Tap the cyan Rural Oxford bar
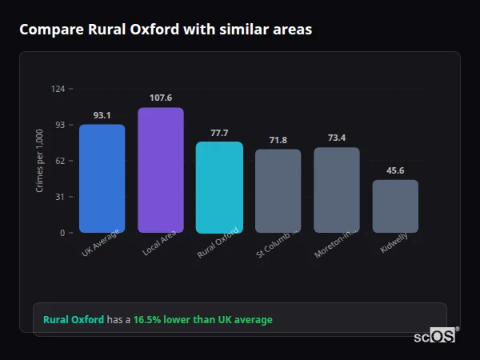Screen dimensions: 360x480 219,187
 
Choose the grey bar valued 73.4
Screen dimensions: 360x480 337,190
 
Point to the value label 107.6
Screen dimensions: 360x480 160,98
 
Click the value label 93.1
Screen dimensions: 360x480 102,115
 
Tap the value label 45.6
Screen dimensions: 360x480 395,170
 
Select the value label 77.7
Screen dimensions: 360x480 219,133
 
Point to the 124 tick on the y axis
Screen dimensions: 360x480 58,89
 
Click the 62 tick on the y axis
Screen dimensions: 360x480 59,161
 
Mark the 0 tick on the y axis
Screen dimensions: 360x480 62,233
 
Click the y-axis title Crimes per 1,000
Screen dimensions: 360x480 40,161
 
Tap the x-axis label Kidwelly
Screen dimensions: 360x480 394,246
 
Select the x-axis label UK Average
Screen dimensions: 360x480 100,243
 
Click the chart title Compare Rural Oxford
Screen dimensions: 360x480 166,30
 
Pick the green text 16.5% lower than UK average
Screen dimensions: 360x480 203,320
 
